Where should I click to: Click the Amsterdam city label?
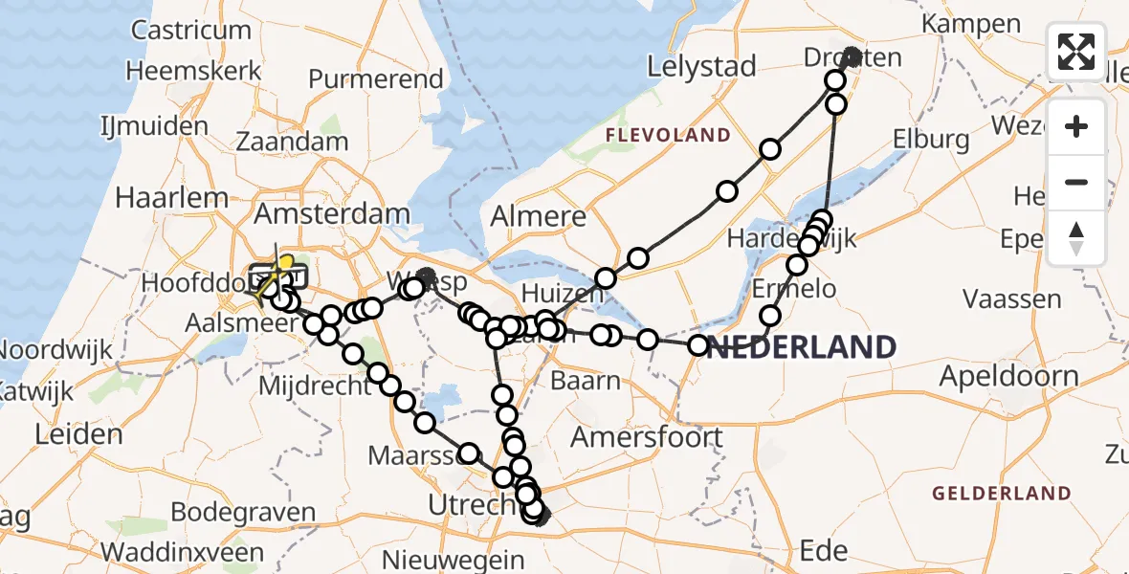[x=332, y=214]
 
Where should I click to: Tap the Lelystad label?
[x=701, y=67]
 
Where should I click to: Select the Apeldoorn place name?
[x=1008, y=376]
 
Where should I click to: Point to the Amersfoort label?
[x=647, y=437]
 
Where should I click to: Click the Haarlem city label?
[x=171, y=198]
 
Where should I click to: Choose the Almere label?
[x=538, y=216]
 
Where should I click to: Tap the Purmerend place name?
[x=376, y=79]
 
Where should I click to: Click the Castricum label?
[x=191, y=31]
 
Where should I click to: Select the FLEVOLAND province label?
[x=667, y=136]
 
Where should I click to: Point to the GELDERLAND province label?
[x=1002, y=494]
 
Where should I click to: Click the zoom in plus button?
[x=1076, y=126]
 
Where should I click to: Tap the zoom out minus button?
[x=1076, y=182]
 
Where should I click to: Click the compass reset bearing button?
[x=1076, y=237]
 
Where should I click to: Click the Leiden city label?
[x=78, y=434]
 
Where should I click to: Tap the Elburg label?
[x=930, y=140]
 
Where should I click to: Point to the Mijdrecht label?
[x=315, y=387]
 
